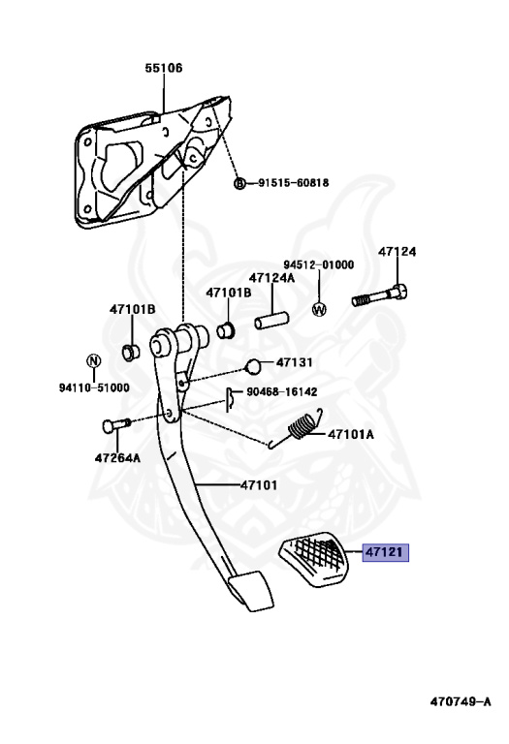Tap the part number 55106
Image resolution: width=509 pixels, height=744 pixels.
point(164,68)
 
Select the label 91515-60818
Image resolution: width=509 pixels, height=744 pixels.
point(293,182)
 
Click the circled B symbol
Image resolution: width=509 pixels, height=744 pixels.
point(239,183)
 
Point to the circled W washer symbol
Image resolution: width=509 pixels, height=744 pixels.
point(319,309)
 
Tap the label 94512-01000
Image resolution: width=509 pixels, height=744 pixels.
point(318,264)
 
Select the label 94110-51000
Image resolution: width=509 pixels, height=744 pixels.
point(93,387)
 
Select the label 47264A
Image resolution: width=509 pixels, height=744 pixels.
point(117,457)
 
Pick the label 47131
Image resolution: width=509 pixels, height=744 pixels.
point(295,362)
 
